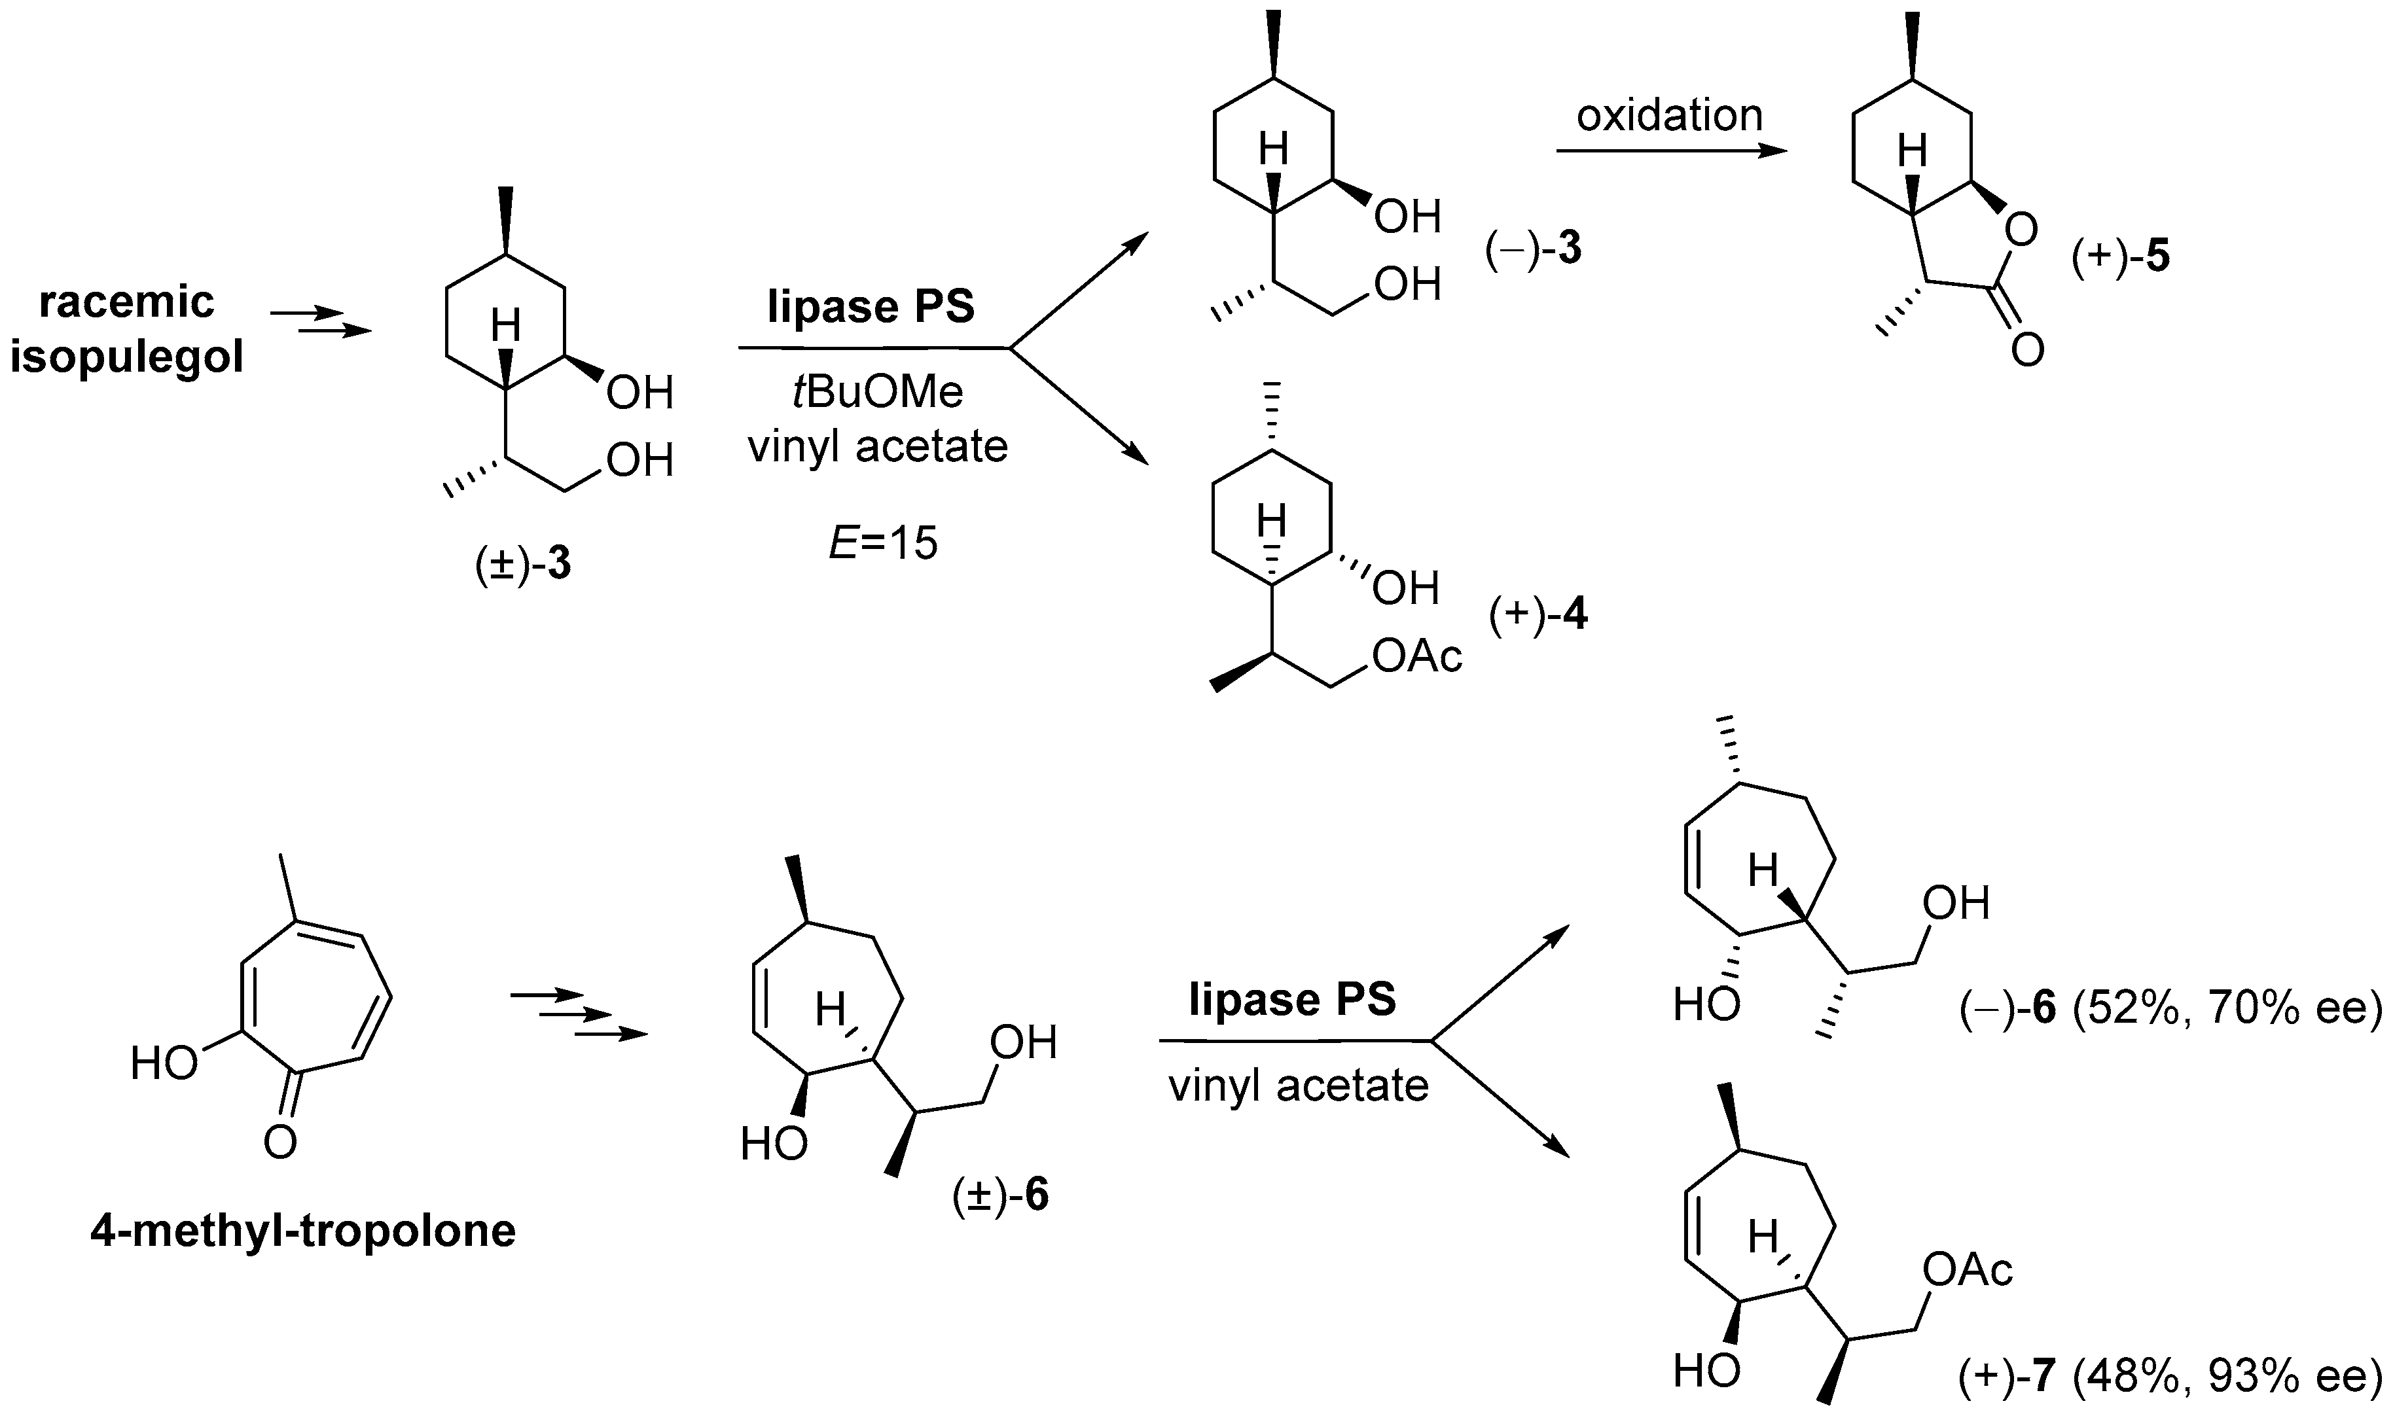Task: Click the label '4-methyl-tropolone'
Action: [303, 1231]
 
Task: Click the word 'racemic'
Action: [127, 302]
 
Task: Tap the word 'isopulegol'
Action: [127, 359]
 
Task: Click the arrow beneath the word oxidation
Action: [1670, 150]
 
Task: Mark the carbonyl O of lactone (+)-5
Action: [2027, 349]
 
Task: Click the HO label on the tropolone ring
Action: [164, 1063]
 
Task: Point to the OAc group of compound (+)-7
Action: [1967, 1269]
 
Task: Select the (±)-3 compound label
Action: [523, 565]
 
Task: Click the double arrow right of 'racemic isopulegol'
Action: [320, 322]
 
